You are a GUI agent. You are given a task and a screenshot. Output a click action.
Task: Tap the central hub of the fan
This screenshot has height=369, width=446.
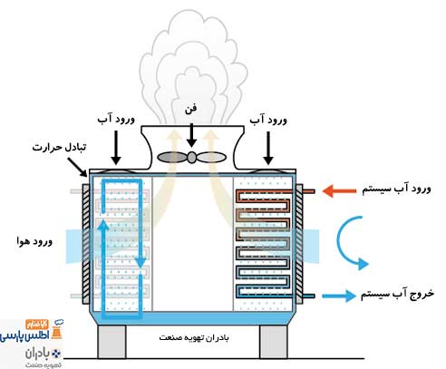pyautogui.click(x=191, y=156)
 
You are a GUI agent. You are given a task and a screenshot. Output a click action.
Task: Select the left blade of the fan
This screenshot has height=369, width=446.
pyautogui.click(x=171, y=156)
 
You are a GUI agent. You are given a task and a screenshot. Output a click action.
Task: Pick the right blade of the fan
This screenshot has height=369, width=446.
pyautogui.click(x=211, y=156)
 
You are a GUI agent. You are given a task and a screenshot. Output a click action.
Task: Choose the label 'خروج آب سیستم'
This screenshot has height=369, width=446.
pyautogui.click(x=397, y=296)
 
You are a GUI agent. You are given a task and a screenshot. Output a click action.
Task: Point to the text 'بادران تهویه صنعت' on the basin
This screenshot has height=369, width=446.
pyautogui.click(x=192, y=336)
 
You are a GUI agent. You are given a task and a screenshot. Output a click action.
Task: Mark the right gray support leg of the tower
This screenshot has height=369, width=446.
pyautogui.click(x=273, y=343)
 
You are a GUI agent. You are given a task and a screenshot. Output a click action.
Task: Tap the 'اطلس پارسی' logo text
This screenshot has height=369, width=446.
pyautogui.click(x=34, y=336)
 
